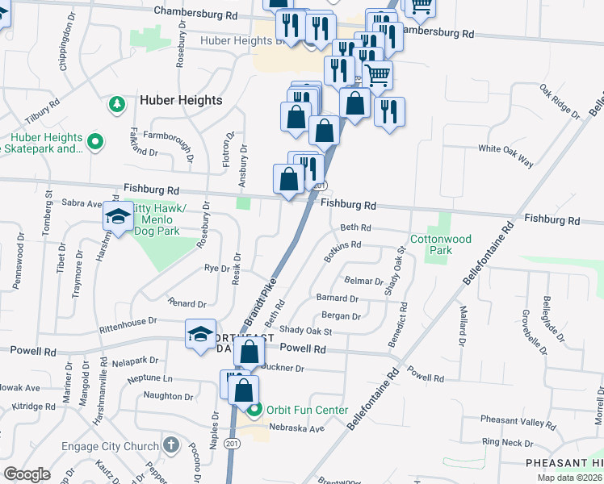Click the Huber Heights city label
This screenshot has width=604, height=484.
pyautogui.click(x=181, y=100)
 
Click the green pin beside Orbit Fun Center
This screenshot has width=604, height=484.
pyautogui.click(x=254, y=410)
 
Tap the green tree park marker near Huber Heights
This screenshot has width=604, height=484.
pyautogui.click(x=117, y=104)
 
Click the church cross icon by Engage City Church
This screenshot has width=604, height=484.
pyautogui.click(x=170, y=444)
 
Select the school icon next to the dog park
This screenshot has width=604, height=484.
pyautogui.click(x=118, y=218)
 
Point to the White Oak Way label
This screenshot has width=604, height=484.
pyautogui.click(x=505, y=156)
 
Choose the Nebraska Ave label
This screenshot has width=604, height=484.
pyautogui.click(x=296, y=428)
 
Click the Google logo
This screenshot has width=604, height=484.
pyautogui.click(x=27, y=474)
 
